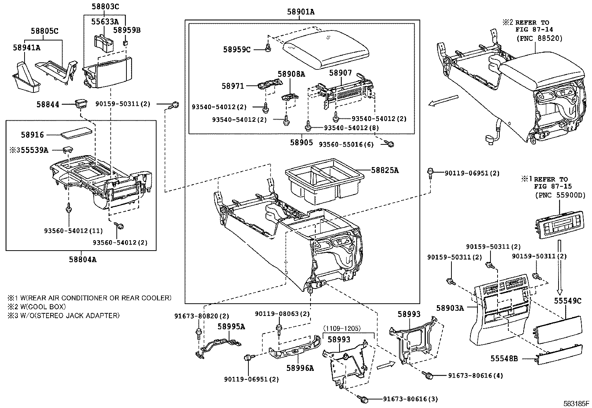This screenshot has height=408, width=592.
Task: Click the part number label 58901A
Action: click(300, 12)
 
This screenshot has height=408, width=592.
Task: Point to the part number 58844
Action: click(48, 104)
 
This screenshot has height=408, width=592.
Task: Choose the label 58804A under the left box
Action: click(83, 260)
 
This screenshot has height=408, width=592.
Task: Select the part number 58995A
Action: click(231, 327)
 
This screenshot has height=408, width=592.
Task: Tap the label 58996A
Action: click(300, 368)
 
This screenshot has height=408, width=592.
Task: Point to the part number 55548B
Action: click(504, 358)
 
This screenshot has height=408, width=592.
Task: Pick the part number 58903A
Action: click(450, 308)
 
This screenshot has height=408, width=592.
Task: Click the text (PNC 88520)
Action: click(539, 38)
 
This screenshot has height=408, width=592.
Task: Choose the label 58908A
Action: click(291, 74)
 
